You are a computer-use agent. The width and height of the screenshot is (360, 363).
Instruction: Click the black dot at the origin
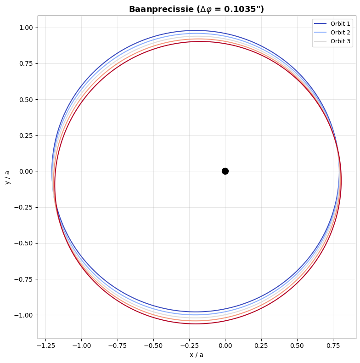tap(225, 171)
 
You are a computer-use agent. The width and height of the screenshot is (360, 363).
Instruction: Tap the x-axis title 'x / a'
tap(197, 355)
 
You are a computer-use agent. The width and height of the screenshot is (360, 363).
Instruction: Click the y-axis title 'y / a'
tap(7, 177)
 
